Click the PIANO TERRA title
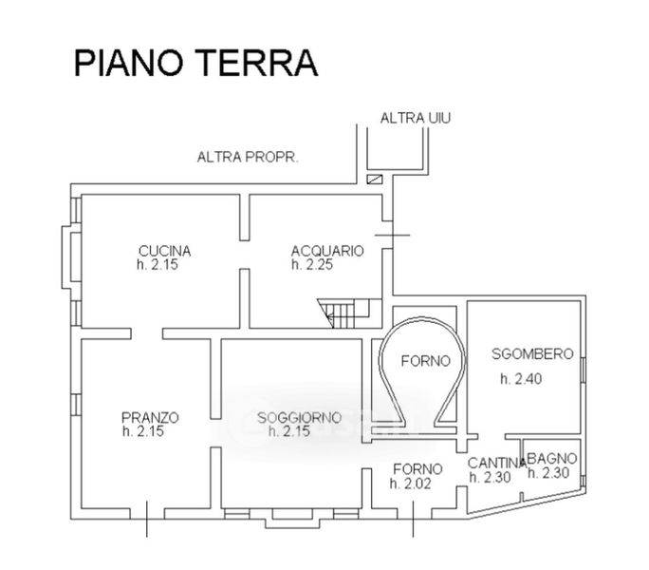point(195,63)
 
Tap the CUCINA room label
point(165,251)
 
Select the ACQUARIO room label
point(327,251)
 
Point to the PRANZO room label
point(150,417)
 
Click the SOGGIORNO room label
point(300,417)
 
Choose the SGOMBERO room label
point(532,353)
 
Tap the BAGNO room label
point(552,459)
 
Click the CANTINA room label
point(497,463)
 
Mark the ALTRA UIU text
point(416,118)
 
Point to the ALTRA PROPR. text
point(248,157)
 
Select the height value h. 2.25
point(312,264)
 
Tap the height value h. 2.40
point(521,379)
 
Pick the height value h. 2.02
point(411,484)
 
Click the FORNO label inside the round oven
point(426,361)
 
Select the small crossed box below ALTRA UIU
point(375,180)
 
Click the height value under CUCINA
point(158,264)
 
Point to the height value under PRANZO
point(143,431)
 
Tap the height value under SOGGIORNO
point(289,431)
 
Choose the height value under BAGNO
point(548,472)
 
